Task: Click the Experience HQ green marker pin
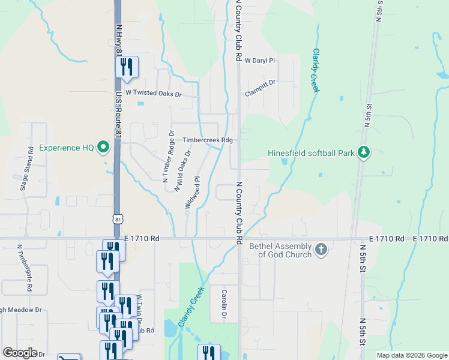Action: point(104,146)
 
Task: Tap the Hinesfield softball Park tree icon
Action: point(363,153)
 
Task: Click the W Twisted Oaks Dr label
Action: point(152,94)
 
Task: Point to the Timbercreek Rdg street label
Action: point(207,140)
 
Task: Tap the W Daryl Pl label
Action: point(259,61)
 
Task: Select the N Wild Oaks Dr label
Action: point(182,170)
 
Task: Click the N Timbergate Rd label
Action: point(24,268)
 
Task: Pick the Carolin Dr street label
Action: point(224,302)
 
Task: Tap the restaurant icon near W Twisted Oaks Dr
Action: point(127,67)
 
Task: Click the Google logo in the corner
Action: point(20,353)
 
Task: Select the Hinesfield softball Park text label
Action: point(311,154)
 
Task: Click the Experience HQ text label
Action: point(66,147)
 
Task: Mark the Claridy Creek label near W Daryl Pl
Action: point(313,71)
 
